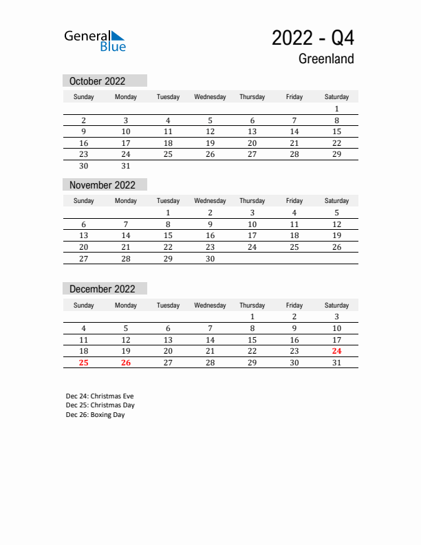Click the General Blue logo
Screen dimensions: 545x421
[x=95, y=41]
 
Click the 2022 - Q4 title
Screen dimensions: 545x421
[x=313, y=38]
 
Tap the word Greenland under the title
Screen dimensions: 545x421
[x=326, y=59]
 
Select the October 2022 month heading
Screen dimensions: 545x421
[x=98, y=81]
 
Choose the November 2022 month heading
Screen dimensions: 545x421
[x=102, y=185]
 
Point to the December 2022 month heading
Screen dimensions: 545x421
[x=102, y=289]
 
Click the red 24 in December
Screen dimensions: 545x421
[x=336, y=351]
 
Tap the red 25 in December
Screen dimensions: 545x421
[x=84, y=363]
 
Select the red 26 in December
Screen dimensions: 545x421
[x=126, y=363]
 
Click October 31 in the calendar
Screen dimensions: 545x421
[x=126, y=166]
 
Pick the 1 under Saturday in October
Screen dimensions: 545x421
[x=336, y=109]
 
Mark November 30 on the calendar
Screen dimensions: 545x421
[x=210, y=259]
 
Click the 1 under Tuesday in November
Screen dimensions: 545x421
[x=168, y=213]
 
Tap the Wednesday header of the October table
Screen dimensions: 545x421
[x=210, y=97]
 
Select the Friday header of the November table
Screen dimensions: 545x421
[x=294, y=201]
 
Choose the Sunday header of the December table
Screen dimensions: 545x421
[x=84, y=306]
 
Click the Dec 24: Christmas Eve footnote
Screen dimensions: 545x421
[x=100, y=396]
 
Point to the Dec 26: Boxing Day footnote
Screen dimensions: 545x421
[x=96, y=415]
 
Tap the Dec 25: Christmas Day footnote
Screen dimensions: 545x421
[x=100, y=405]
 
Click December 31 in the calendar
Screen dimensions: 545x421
[x=336, y=363]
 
